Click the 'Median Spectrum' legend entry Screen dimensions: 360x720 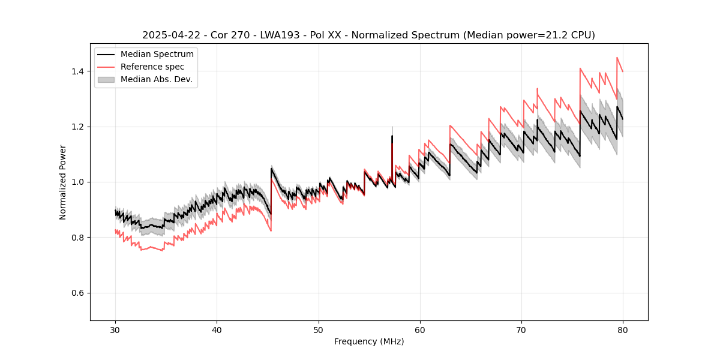pos(157,55)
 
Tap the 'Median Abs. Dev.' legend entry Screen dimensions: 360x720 pos(156,79)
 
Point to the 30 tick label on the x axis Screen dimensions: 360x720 pos(115,330)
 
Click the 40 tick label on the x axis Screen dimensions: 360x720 pos(217,330)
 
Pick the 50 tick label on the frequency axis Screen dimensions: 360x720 pos(318,330)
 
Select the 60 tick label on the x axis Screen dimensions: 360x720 pos(419,330)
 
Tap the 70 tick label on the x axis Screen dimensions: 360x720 pos(521,330)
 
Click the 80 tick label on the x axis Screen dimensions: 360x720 pos(622,330)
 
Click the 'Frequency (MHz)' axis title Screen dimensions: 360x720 pos(369,342)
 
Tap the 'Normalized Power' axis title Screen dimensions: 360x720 pos(63,182)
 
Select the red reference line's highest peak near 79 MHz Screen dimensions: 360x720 pos(617,58)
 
